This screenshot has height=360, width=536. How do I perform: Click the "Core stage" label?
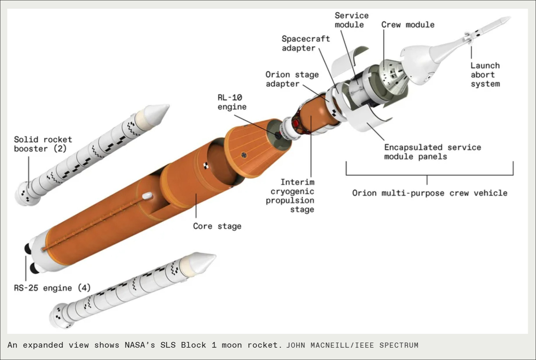(x=217, y=226)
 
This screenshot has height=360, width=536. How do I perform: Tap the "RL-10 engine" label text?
(x=232, y=102)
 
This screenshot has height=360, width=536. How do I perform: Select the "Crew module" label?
(x=408, y=25)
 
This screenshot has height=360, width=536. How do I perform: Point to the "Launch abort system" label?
(x=485, y=75)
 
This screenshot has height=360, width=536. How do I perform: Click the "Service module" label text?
(x=351, y=20)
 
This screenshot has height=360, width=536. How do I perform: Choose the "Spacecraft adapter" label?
(x=305, y=44)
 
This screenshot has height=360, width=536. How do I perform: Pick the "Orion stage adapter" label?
(x=292, y=79)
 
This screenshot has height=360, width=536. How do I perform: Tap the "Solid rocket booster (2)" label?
(x=43, y=144)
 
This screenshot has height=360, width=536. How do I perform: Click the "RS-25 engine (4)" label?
(x=52, y=288)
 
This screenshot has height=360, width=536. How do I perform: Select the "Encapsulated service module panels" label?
(x=432, y=152)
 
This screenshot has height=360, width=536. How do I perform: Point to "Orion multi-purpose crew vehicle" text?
(x=429, y=193)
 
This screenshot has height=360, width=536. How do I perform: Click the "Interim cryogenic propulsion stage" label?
(x=290, y=196)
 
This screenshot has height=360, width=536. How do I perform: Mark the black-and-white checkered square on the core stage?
(x=206, y=165)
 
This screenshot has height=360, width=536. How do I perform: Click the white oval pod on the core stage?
(x=147, y=196)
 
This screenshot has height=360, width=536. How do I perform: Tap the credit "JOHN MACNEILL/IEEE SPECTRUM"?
(x=352, y=345)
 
